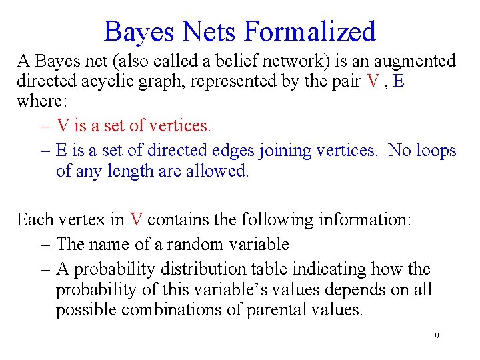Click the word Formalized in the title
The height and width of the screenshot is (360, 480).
pos(310,31)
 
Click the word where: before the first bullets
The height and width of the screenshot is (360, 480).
pos(37,103)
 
